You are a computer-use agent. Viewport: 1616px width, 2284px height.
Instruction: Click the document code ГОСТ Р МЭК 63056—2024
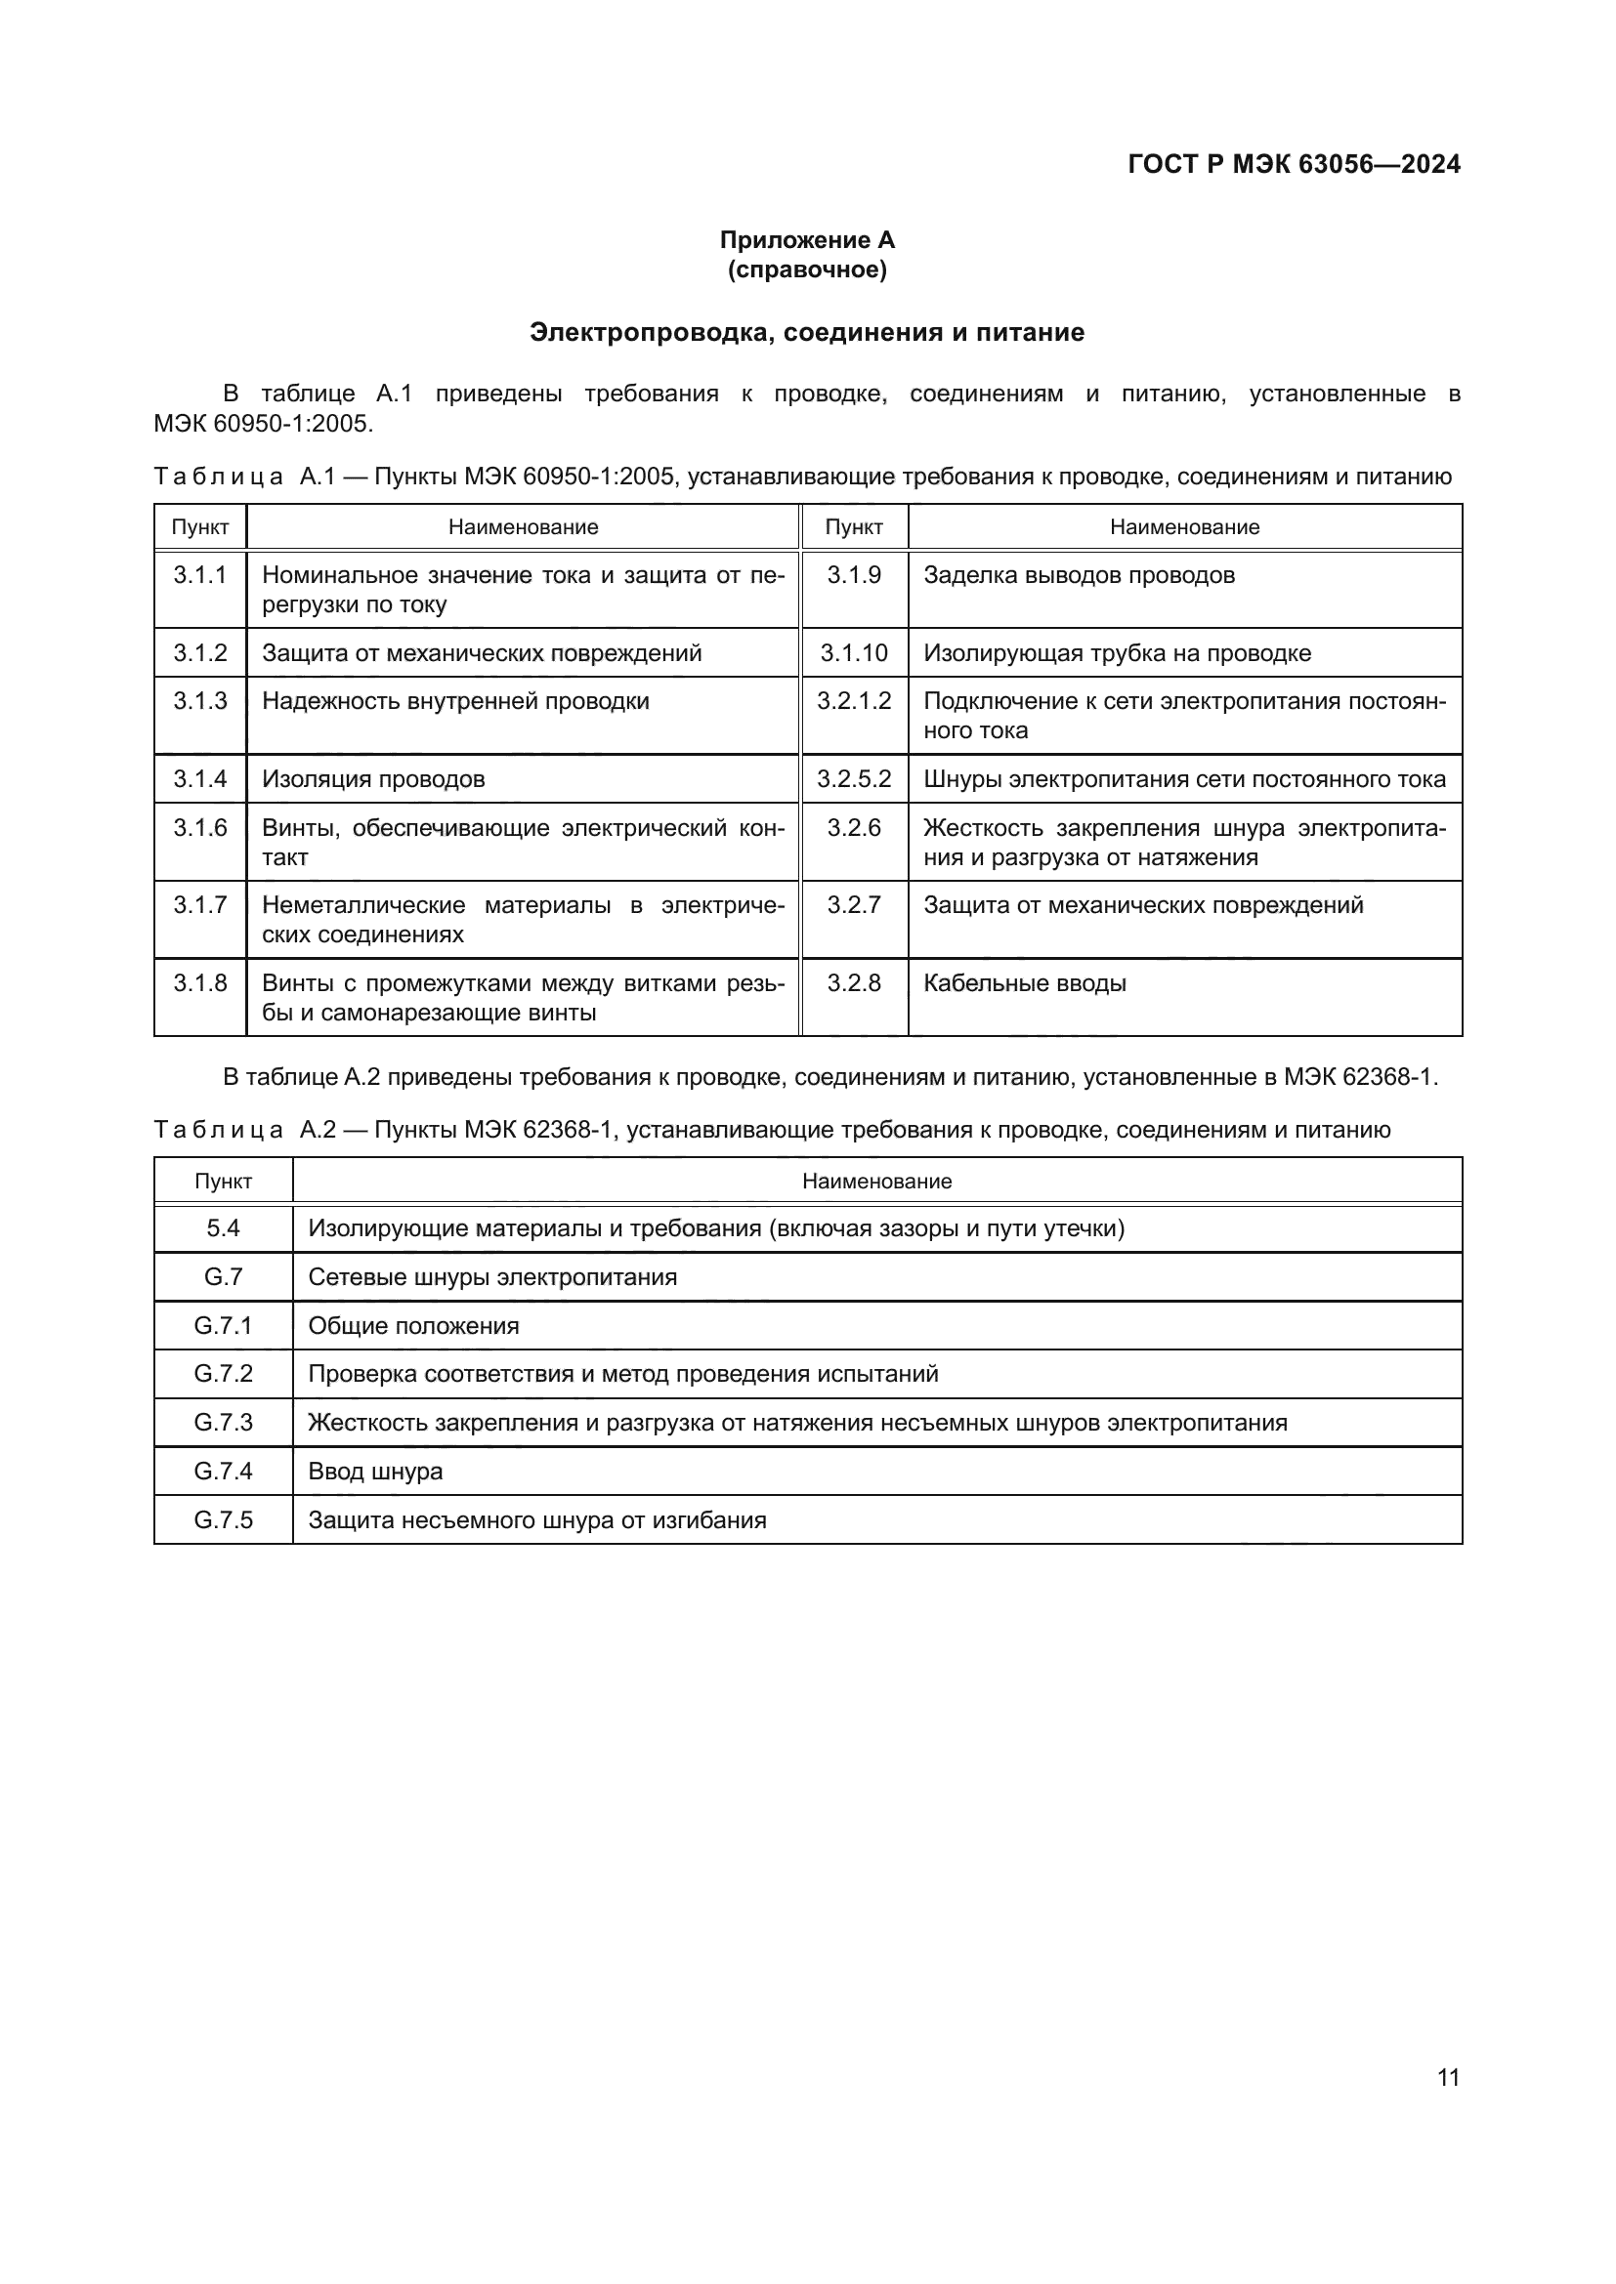[x=1294, y=164]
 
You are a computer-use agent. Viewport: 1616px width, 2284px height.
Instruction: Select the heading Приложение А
[x=807, y=240]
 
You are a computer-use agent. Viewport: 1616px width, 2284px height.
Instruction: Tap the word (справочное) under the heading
[x=807, y=270]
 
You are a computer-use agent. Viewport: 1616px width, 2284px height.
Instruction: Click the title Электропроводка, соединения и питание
[x=807, y=332]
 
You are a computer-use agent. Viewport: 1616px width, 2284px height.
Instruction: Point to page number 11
[x=1448, y=2077]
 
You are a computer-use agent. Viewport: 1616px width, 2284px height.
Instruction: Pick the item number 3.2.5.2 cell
[x=854, y=779]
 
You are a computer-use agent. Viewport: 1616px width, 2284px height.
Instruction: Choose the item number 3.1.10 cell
[x=854, y=653]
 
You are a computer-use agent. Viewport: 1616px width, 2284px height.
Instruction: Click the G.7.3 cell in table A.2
[x=223, y=1423]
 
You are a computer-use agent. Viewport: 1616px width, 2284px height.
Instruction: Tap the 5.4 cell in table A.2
[x=223, y=1228]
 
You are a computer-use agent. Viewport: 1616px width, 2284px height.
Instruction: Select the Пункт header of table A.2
[x=223, y=1181]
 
